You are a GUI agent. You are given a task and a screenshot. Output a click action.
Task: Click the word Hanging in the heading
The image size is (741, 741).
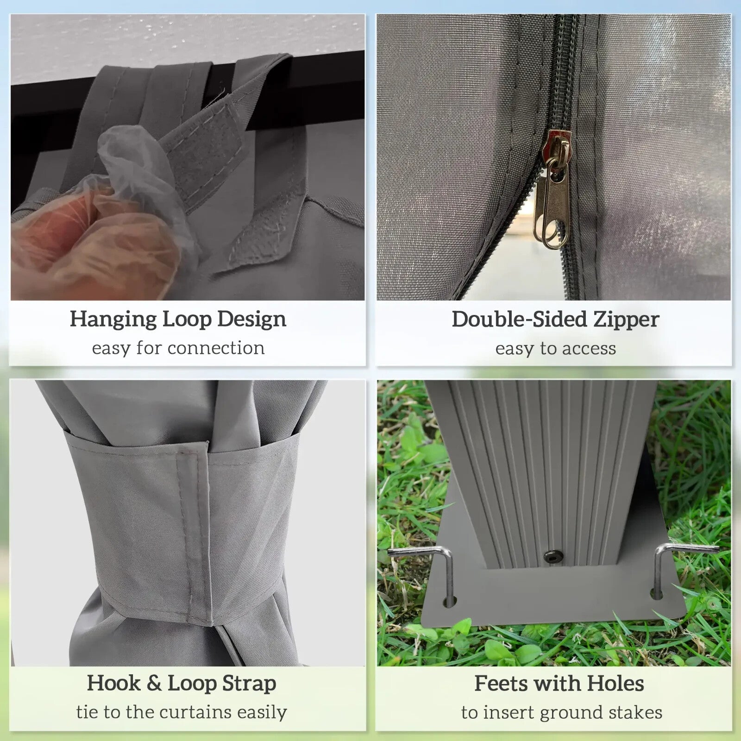click(x=113, y=320)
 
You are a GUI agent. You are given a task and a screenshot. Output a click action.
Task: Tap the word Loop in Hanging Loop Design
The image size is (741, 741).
click(x=187, y=320)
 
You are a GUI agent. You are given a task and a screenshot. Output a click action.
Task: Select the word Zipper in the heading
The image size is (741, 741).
click(x=626, y=320)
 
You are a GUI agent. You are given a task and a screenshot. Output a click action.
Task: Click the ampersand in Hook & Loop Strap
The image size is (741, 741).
click(x=154, y=684)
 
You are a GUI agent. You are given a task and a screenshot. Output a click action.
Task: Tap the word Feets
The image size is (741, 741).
click(x=502, y=684)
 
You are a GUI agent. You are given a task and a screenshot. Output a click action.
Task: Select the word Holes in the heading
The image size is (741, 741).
click(x=615, y=684)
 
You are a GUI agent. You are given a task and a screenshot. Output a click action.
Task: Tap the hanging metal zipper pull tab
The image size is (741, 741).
click(x=552, y=204)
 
